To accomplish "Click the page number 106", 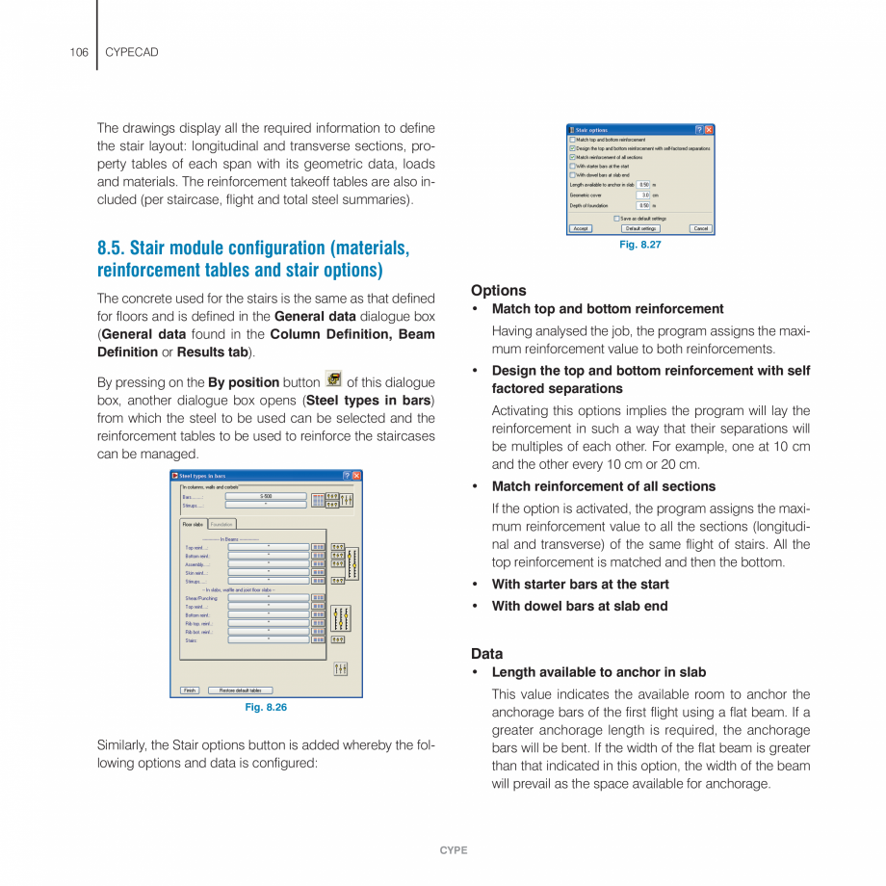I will point(79,51).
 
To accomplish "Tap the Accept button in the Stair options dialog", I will point(581,228).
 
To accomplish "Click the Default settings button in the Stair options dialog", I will point(640,228).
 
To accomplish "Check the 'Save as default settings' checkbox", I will point(616,219).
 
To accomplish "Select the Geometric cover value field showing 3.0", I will point(643,195).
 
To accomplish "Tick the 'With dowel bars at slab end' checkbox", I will point(572,174).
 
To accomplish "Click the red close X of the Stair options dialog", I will point(709,129).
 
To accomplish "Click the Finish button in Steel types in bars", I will point(190,691).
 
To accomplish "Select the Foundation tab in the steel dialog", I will point(222,524).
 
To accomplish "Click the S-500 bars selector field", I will point(266,496).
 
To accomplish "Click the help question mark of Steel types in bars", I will point(346,476).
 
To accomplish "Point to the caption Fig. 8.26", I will point(266,708).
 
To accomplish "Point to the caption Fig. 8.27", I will point(639,245).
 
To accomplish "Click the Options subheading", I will point(498,290).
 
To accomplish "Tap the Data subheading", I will point(486,653).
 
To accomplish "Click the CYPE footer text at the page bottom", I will point(454,850).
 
